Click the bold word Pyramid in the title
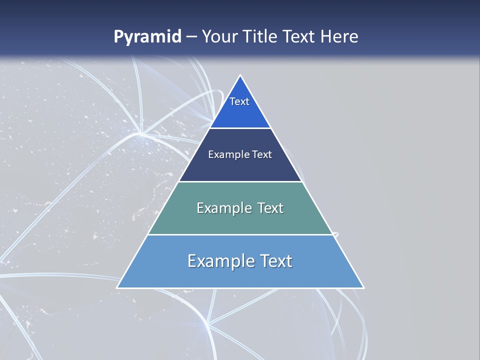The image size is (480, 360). pos(147,37)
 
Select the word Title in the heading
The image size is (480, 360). pos(260,37)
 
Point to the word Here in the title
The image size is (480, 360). pos(339,37)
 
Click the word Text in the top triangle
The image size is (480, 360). pos(239,101)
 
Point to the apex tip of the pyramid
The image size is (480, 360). pos(240,76)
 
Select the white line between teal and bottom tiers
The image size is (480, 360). pos(240,234)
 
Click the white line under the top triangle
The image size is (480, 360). pos(240,128)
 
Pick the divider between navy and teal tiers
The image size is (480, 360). pos(240,181)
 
